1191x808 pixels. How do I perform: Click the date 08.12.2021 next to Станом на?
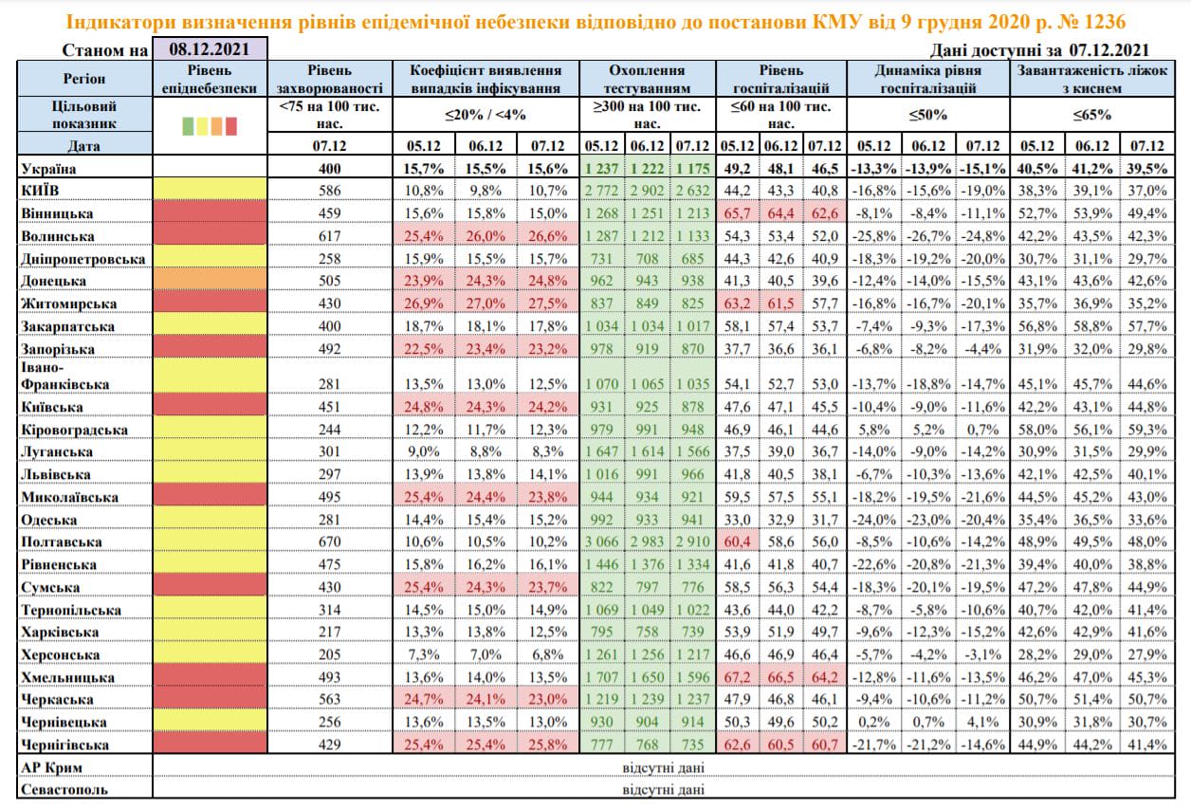pyautogui.click(x=211, y=49)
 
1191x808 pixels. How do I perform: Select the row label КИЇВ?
pyautogui.click(x=42, y=191)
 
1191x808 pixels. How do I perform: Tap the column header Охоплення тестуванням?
pyautogui.click(x=647, y=79)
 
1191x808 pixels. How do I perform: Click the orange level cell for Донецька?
pyautogui.click(x=211, y=281)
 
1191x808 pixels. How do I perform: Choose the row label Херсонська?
pyautogui.click(x=61, y=654)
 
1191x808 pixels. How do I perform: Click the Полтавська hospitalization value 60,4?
pyautogui.click(x=736, y=542)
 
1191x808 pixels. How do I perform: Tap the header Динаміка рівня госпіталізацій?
pyautogui.click(x=927, y=79)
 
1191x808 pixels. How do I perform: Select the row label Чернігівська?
pyautogui.click(x=66, y=744)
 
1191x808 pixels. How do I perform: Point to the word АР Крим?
pyautogui.click(x=52, y=766)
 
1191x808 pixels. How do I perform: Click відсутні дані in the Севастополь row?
pyautogui.click(x=664, y=789)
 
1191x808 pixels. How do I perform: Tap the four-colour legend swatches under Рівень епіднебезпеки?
pyautogui.click(x=210, y=125)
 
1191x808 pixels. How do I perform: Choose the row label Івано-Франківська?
pyautogui.click(x=64, y=376)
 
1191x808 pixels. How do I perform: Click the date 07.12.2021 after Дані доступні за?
pyautogui.click(x=1109, y=50)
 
